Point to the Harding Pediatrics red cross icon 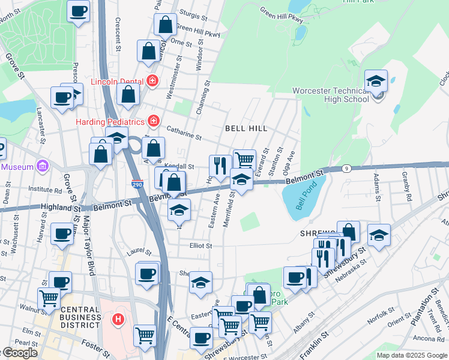pyautogui.click(x=154, y=121)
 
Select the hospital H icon pyautogui.click(x=118, y=319)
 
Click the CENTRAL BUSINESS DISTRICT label pyautogui.click(x=80, y=317)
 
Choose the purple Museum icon pyautogui.click(x=41, y=166)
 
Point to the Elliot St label pyautogui.click(x=200, y=245)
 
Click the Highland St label pyautogui.click(x=59, y=207)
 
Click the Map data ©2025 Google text pyautogui.click(x=412, y=355)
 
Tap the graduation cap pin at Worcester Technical pyautogui.click(x=376, y=81)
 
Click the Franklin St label pyautogui.click(x=315, y=345)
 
